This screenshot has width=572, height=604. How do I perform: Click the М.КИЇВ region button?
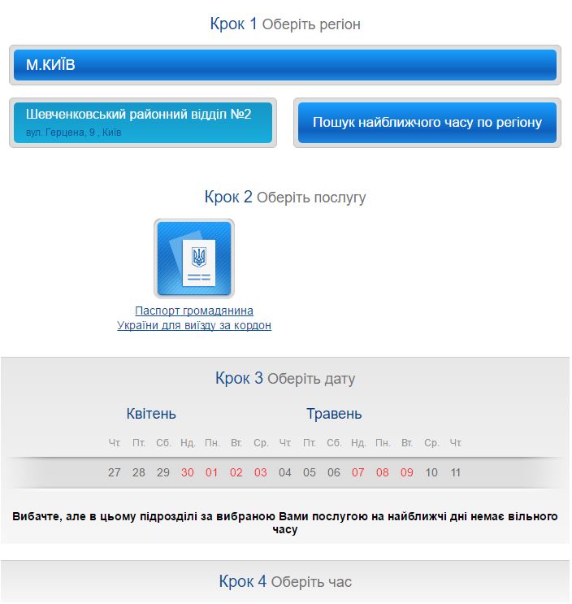pos(285,65)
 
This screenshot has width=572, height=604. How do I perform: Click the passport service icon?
pos(194,259)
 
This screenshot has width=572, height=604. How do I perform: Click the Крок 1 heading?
pos(233,24)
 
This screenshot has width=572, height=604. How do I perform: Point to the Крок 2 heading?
pos(228,197)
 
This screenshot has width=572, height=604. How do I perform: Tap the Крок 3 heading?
pos(239,378)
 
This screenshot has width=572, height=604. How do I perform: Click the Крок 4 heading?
pos(242,581)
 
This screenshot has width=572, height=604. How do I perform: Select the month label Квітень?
pos(151,414)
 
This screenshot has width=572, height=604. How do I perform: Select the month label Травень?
pos(334,414)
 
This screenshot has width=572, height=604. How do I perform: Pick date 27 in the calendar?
pos(115,472)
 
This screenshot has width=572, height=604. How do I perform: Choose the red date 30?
pos(188,472)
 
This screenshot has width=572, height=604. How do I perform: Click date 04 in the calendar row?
pos(285,472)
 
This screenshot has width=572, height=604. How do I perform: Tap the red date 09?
pos(407,472)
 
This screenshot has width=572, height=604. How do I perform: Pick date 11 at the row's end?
pos(456,472)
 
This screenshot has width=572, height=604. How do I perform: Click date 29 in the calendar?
pos(163,472)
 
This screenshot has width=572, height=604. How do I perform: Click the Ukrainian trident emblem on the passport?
pos(198,259)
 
